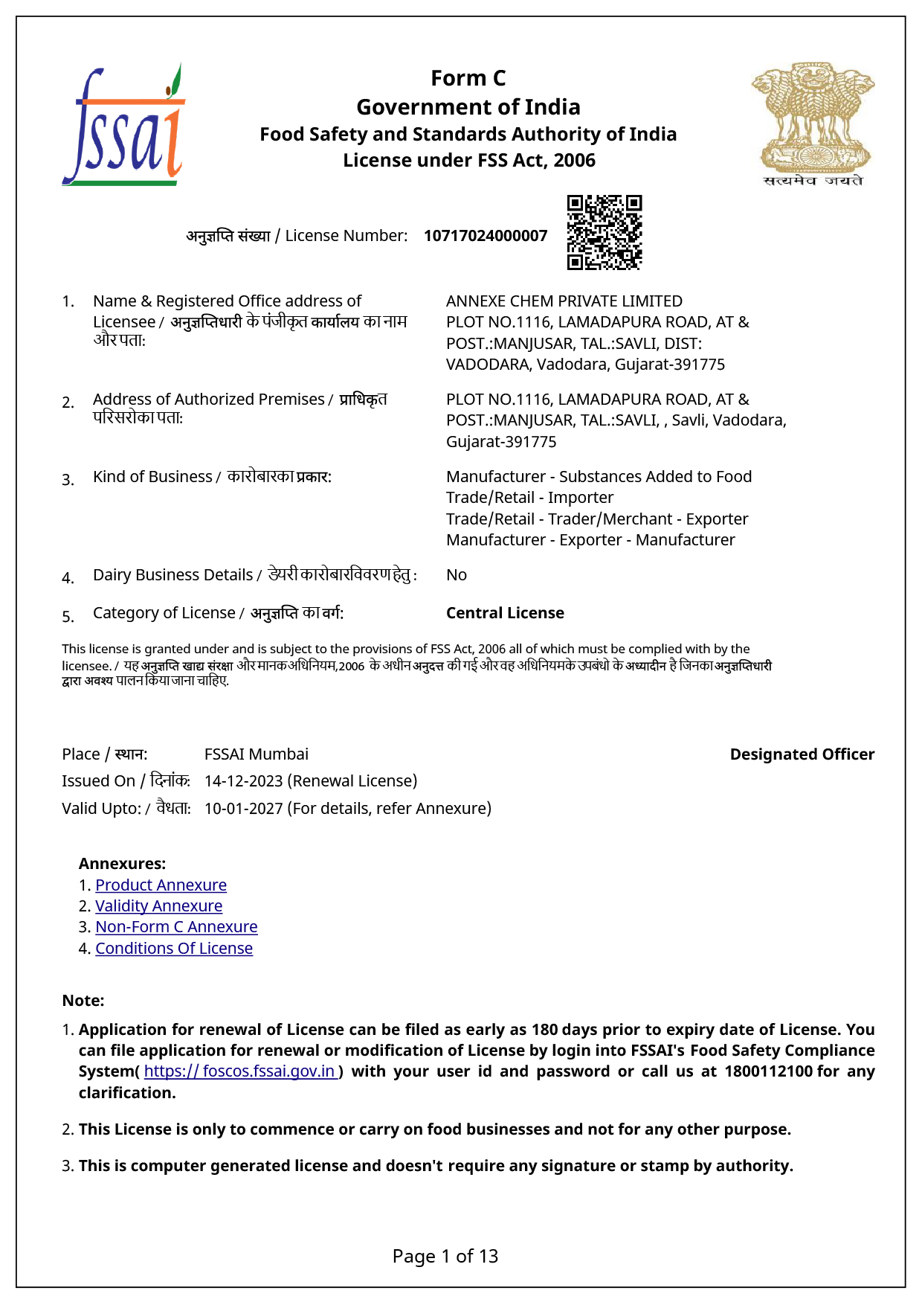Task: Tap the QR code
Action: coord(604,232)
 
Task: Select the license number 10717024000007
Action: coord(486,236)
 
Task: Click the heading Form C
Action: coord(468,78)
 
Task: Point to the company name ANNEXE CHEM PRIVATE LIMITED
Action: coord(564,301)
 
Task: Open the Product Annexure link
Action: coord(161,885)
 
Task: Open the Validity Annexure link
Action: coord(158,906)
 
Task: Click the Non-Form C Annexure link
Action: coord(176,927)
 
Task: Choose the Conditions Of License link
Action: coord(174,949)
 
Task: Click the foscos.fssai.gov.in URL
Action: coord(240,1071)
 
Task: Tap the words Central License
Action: coord(505,613)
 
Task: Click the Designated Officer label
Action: coord(802,754)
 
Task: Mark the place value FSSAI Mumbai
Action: coord(256,754)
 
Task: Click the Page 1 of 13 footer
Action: coord(445,1257)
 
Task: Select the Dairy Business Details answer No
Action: coord(457,575)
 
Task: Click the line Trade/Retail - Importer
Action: coord(529,498)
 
